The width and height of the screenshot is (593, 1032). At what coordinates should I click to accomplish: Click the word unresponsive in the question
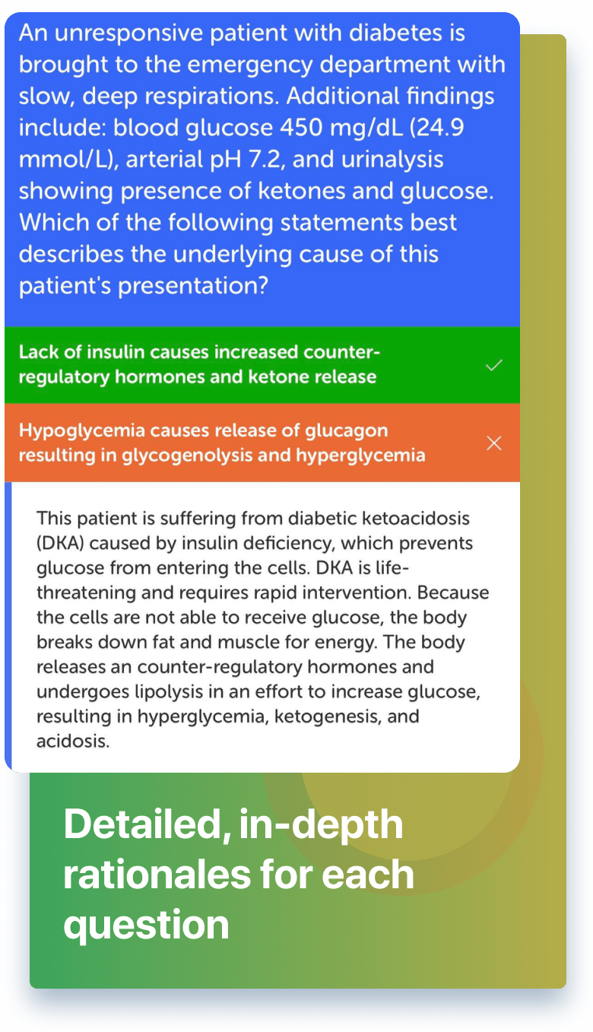pos(129,34)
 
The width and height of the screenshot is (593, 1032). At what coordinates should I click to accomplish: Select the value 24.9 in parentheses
pos(440,127)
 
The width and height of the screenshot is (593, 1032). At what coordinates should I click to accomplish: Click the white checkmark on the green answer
pos(494,365)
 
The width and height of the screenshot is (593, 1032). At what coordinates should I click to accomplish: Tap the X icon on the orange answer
pos(494,443)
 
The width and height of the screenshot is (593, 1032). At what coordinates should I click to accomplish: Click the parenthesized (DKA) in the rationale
pos(60,543)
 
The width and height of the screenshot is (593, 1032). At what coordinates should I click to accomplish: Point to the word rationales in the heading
pos(157,875)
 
